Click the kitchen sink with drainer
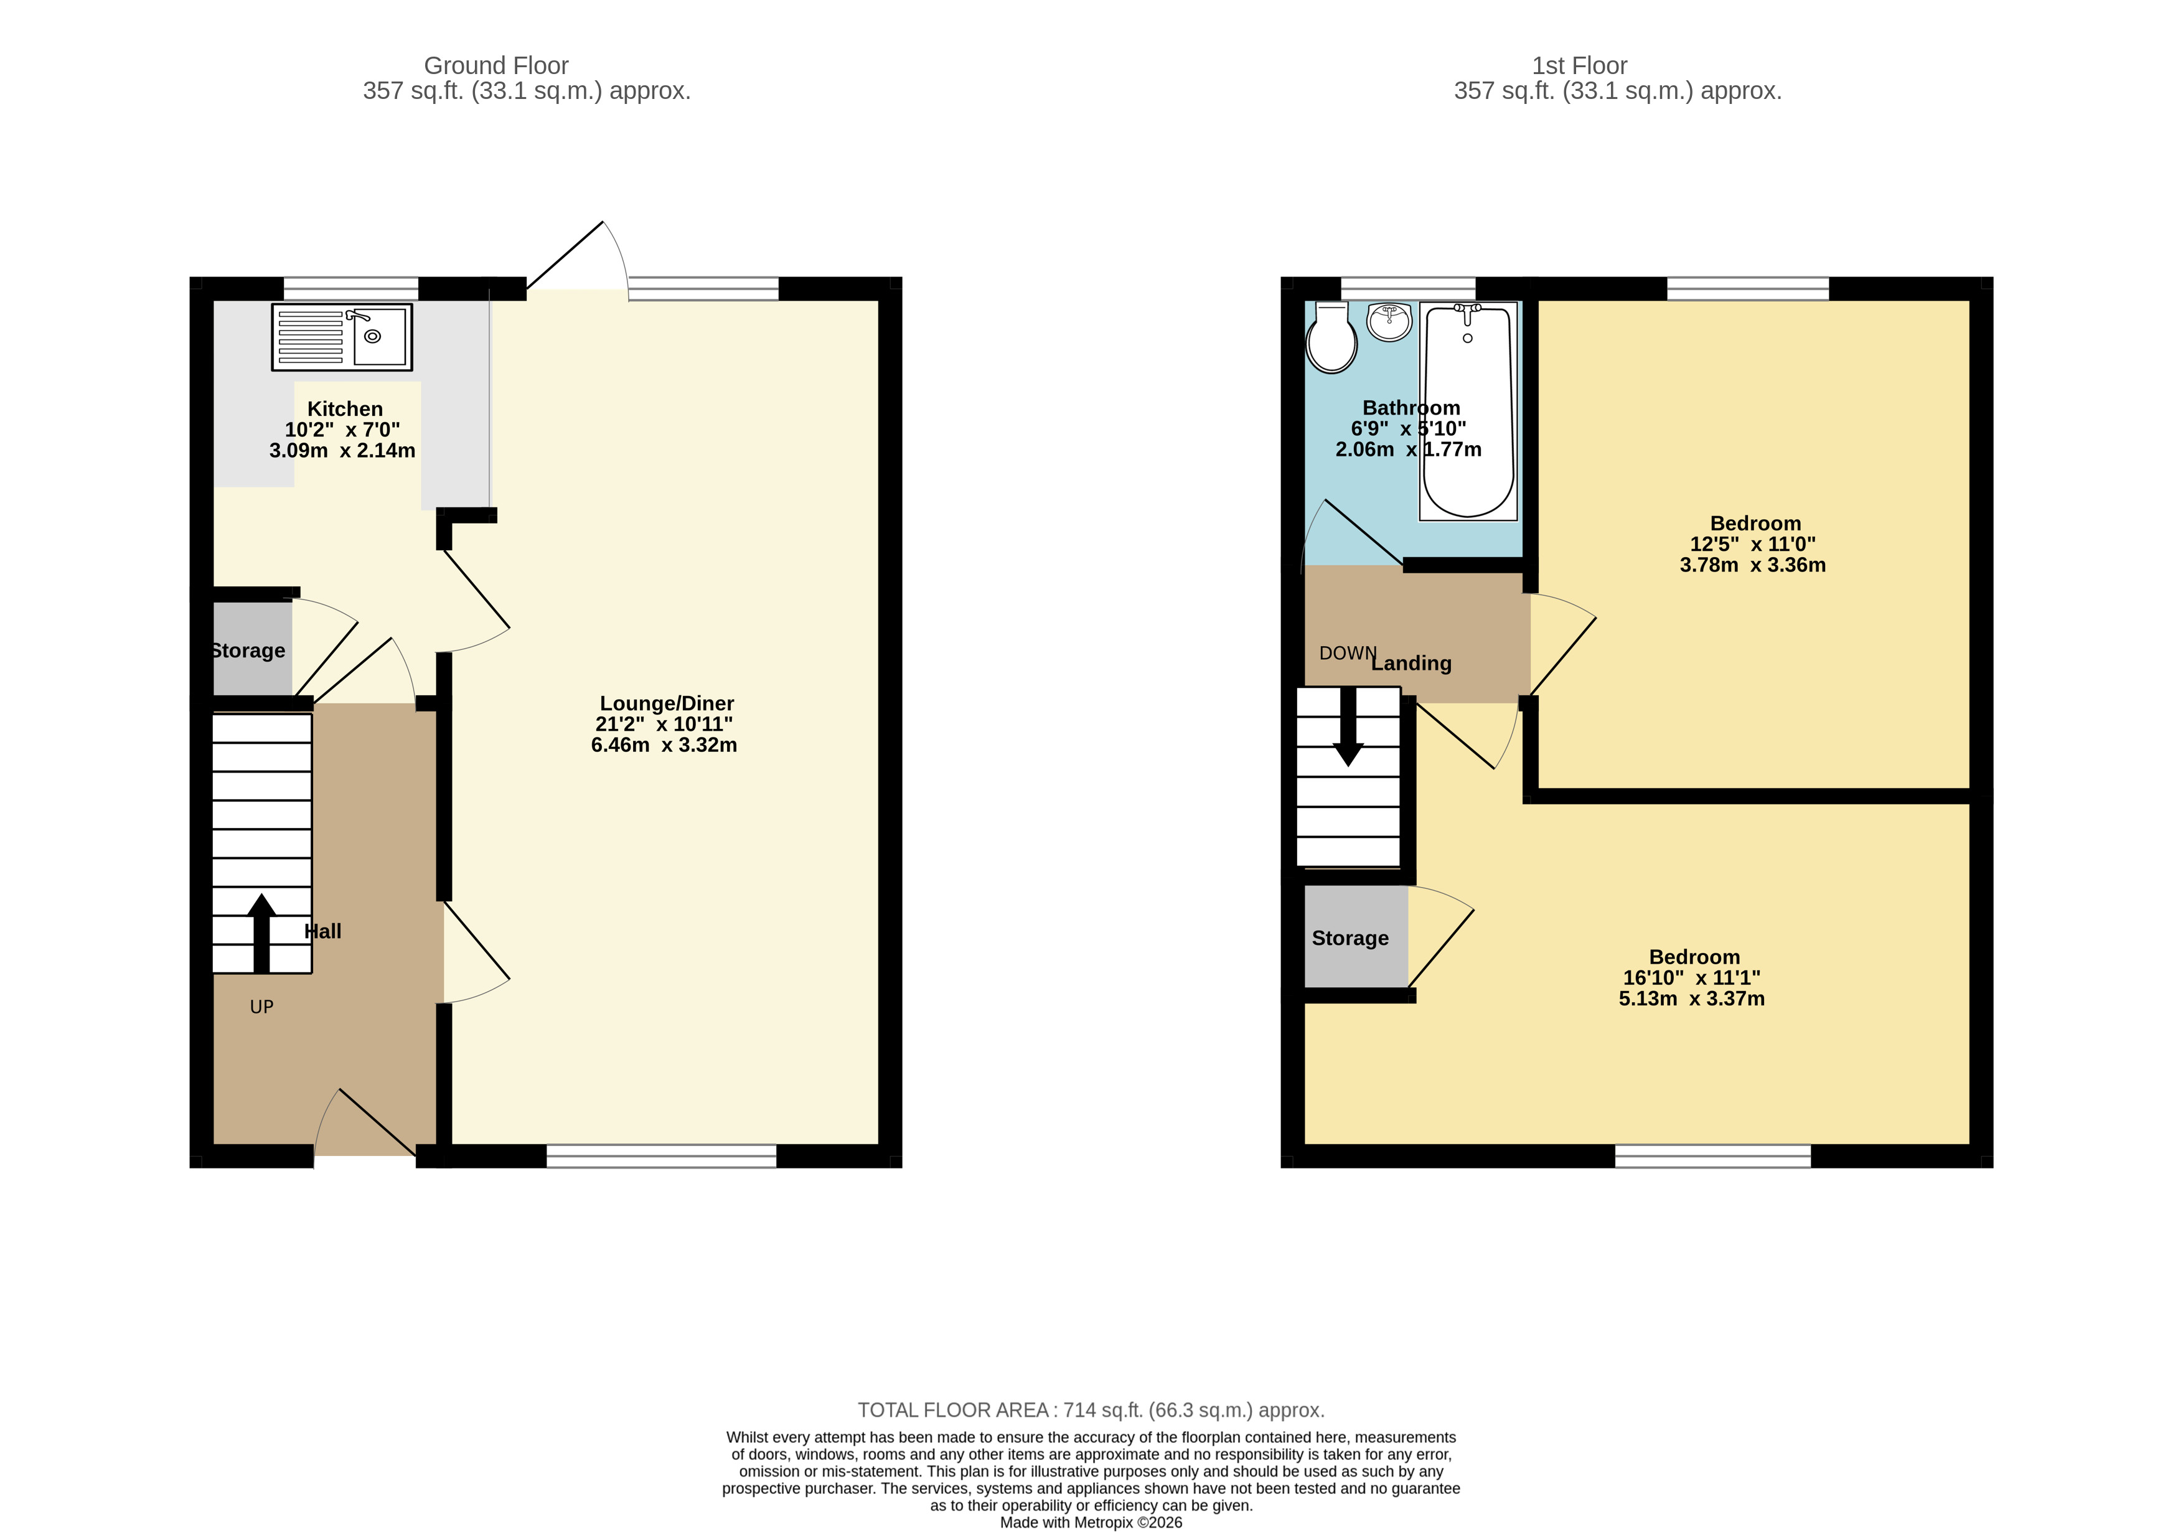click(341, 337)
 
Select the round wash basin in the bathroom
click(1389, 321)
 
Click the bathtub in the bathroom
click(1467, 411)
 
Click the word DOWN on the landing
click(1346, 653)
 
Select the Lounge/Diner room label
click(667, 703)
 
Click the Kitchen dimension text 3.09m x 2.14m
click(342, 451)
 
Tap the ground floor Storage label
click(248, 651)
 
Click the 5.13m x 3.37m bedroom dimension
click(1691, 999)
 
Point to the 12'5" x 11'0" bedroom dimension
click(1752, 544)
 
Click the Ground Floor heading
click(495, 65)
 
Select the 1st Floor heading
click(1579, 65)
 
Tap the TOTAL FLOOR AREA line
click(1091, 1410)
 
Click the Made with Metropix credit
click(1091, 1523)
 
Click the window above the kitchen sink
click(351, 288)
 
